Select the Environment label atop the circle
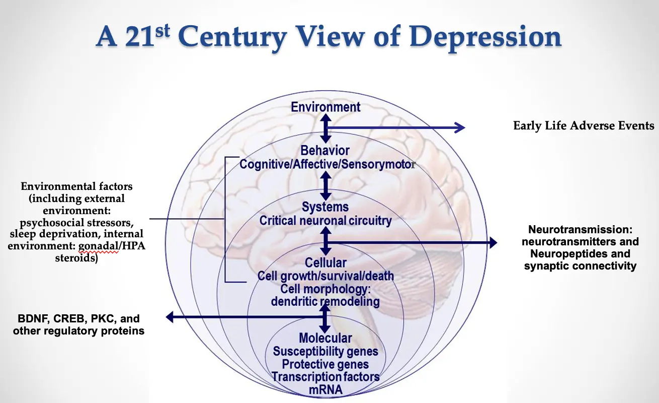click(x=325, y=107)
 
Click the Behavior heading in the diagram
click(x=325, y=150)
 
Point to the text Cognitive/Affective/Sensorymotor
click(x=327, y=164)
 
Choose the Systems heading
click(x=325, y=207)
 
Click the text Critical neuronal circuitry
click(x=325, y=220)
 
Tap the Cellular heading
click(x=325, y=262)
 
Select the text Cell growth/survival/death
click(x=325, y=276)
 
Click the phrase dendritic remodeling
click(x=325, y=301)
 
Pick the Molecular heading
click(x=325, y=338)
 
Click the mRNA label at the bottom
click(x=325, y=389)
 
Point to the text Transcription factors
click(x=325, y=376)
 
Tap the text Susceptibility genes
click(x=325, y=351)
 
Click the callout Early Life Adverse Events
click(x=584, y=125)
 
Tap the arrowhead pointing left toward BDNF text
click(x=170, y=317)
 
